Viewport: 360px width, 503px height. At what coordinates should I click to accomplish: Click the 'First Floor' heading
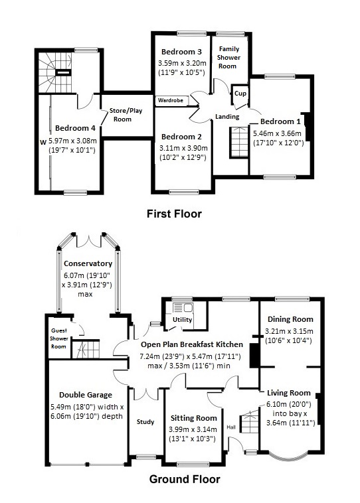[x=173, y=214]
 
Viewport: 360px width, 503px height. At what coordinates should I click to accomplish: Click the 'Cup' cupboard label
[x=240, y=94]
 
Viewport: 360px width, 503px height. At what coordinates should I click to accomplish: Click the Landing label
[x=227, y=116]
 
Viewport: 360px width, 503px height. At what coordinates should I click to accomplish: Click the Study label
[x=145, y=421]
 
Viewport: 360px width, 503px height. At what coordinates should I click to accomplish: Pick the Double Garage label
[x=82, y=394]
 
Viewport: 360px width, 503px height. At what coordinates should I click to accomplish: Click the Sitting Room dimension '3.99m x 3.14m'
[x=194, y=429]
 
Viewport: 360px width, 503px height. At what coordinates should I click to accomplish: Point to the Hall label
[x=231, y=427]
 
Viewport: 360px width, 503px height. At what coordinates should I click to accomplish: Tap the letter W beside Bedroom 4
[x=42, y=141]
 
